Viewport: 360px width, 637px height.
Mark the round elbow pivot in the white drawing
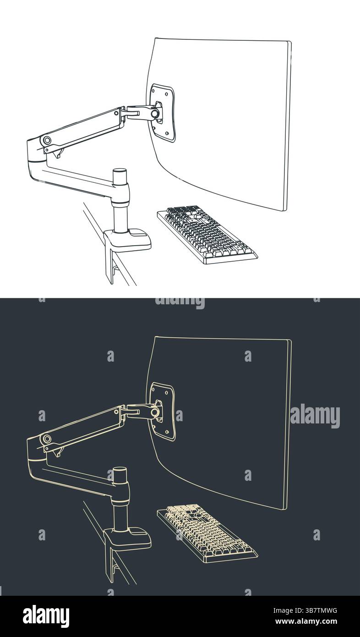[47, 140]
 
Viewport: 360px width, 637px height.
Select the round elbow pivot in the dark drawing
[47, 439]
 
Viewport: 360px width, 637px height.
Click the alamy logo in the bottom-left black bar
[46, 616]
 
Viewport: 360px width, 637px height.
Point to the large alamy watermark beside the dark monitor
[315, 416]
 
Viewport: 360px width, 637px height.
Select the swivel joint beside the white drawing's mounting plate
[155, 113]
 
